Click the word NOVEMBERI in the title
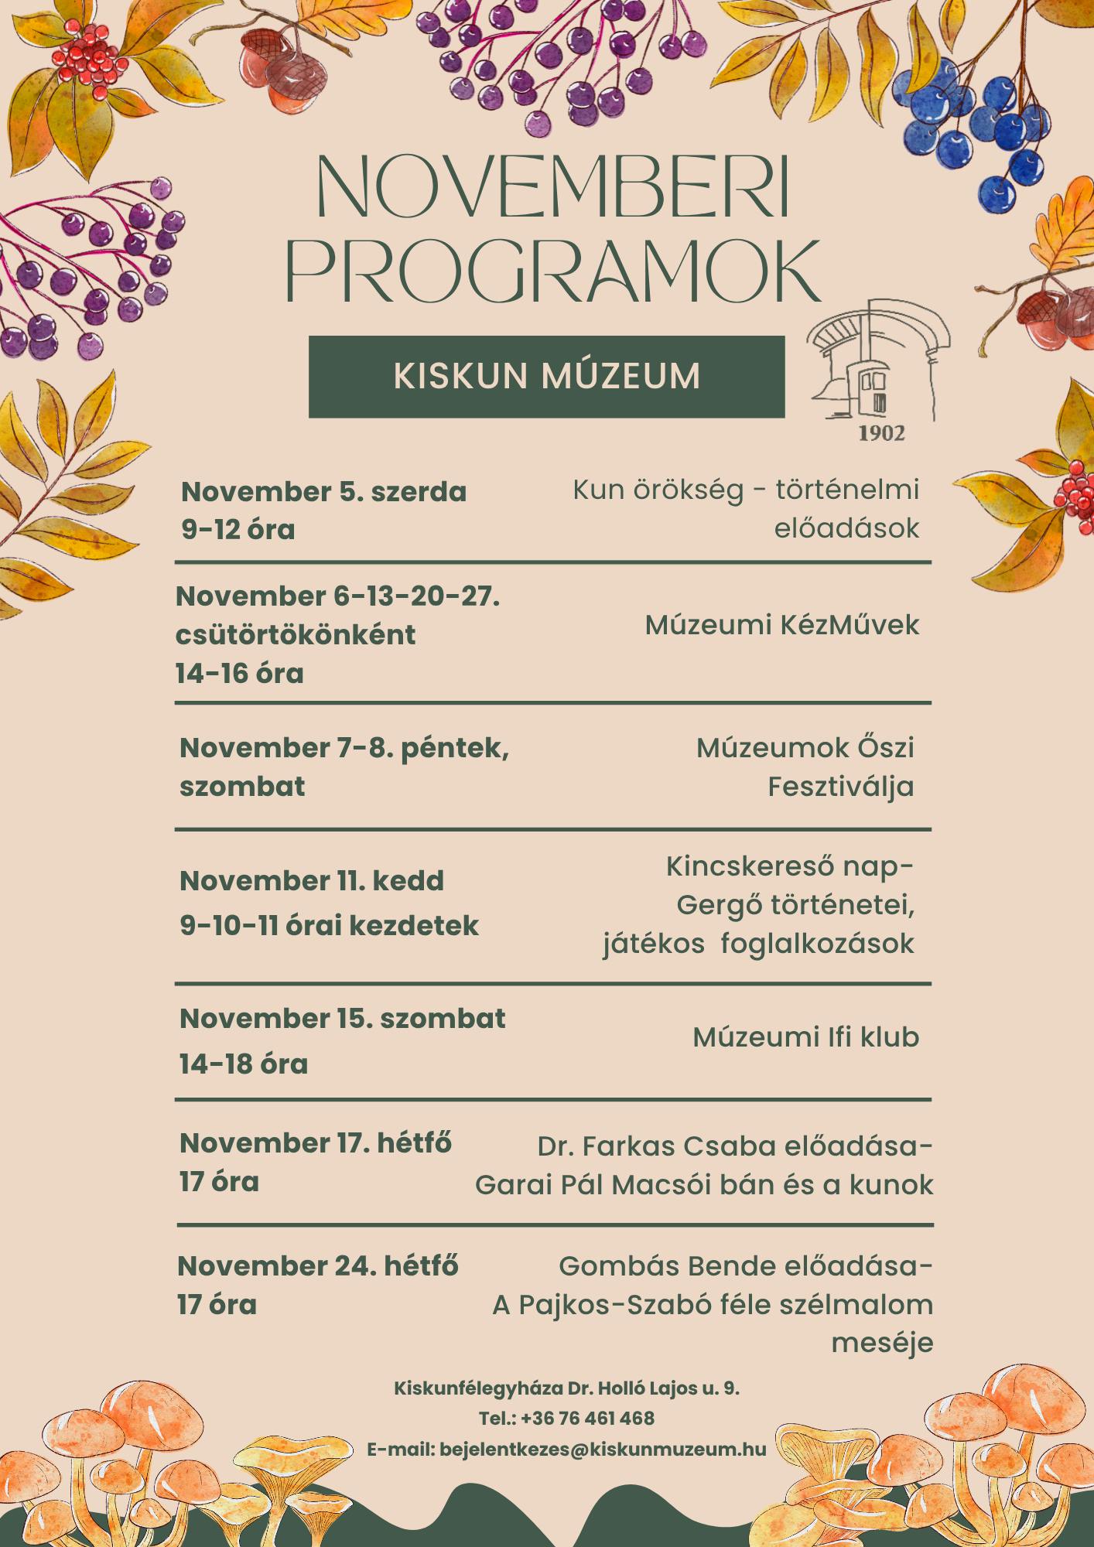552,189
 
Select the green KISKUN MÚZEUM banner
546,377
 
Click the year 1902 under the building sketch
881,434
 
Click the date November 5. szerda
323,492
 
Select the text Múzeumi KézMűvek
782,625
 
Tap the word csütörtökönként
296,635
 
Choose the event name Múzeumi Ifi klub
805,1037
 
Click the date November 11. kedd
312,881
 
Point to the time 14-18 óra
244,1064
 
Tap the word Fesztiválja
841,787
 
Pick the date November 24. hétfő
318,1266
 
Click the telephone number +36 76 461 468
588,1419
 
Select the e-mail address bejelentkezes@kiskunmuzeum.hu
603,1449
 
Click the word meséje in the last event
882,1344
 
